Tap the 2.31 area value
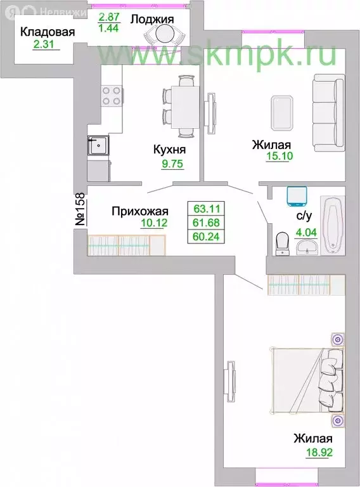click(45, 44)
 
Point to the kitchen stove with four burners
click(112, 97)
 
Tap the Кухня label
click(169, 150)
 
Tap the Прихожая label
click(139, 211)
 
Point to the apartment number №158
click(81, 211)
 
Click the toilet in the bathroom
click(283, 243)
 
